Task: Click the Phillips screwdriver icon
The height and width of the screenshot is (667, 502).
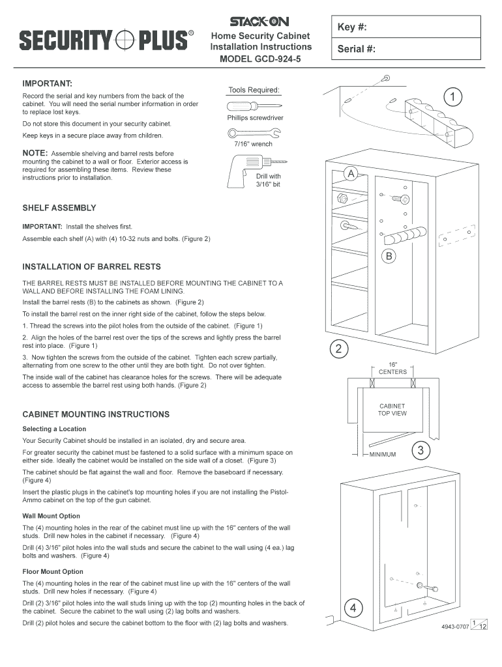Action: click(x=254, y=107)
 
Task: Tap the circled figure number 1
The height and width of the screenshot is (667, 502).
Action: click(x=452, y=97)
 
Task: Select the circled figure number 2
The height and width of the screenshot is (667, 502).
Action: click(x=338, y=349)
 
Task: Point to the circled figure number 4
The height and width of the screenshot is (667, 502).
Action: click(x=352, y=608)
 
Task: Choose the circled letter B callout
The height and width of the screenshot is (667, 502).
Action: click(x=389, y=255)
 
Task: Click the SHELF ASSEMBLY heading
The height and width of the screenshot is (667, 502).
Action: click(x=59, y=208)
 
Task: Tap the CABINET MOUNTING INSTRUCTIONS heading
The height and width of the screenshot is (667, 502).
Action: click(x=96, y=414)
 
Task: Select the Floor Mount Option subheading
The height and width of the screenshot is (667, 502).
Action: click(x=53, y=571)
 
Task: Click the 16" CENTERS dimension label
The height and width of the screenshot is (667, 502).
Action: click(x=392, y=368)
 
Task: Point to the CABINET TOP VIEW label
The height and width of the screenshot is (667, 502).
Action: click(x=392, y=409)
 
